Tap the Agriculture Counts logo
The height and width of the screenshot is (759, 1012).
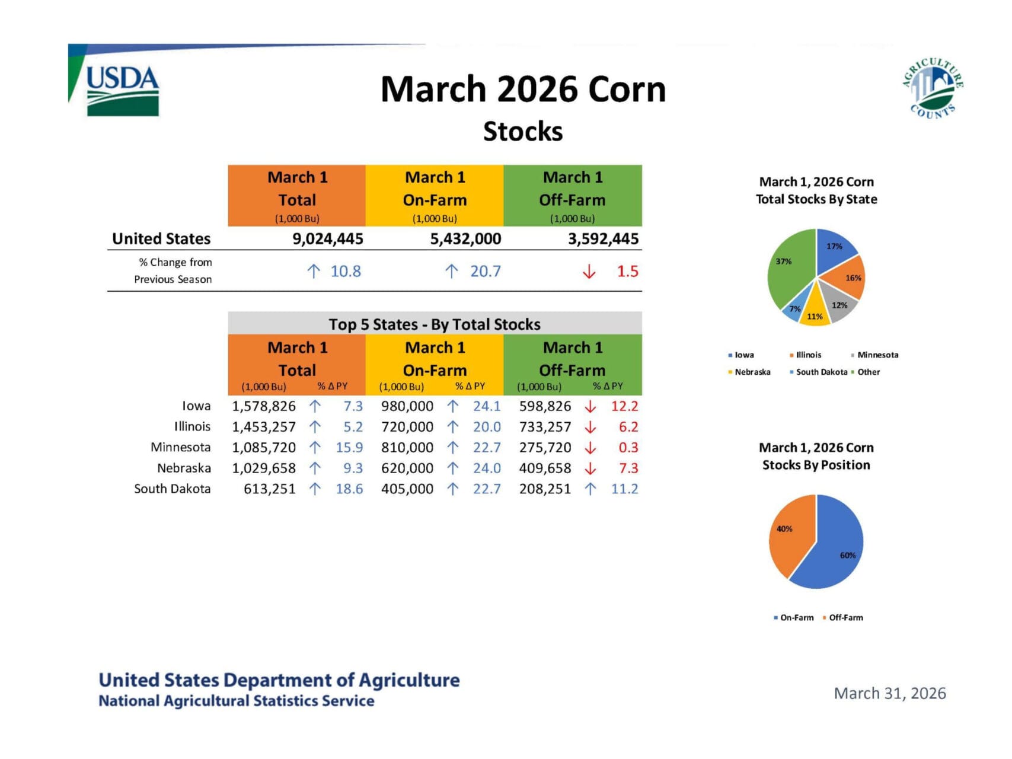click(x=933, y=88)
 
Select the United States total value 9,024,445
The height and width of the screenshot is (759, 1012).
click(x=327, y=239)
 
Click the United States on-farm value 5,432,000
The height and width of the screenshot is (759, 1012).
click(x=465, y=239)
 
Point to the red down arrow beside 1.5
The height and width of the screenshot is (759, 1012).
click(x=589, y=272)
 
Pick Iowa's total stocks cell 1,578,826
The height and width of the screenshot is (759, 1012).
click(x=264, y=406)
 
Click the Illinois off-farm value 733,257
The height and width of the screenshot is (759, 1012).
click(x=545, y=427)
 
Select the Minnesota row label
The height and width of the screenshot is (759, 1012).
click(x=180, y=447)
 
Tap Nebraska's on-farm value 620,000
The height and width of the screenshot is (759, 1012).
click(x=407, y=468)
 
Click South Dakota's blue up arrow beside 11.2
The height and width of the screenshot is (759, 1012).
click(x=590, y=489)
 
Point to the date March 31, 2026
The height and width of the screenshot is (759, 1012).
click(x=889, y=694)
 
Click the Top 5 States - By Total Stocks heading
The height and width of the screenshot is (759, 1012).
click(x=435, y=324)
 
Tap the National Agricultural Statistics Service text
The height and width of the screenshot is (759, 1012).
click(x=236, y=701)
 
